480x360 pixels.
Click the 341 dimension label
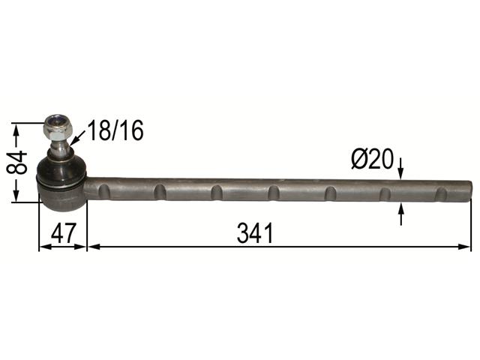click(x=255, y=233)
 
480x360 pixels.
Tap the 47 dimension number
click(x=63, y=233)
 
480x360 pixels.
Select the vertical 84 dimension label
click(x=16, y=162)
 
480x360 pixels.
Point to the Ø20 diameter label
click(x=372, y=159)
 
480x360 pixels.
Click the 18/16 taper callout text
click(x=115, y=130)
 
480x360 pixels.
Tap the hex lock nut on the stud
click(x=58, y=127)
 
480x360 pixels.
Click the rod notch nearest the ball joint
click(x=103, y=191)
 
